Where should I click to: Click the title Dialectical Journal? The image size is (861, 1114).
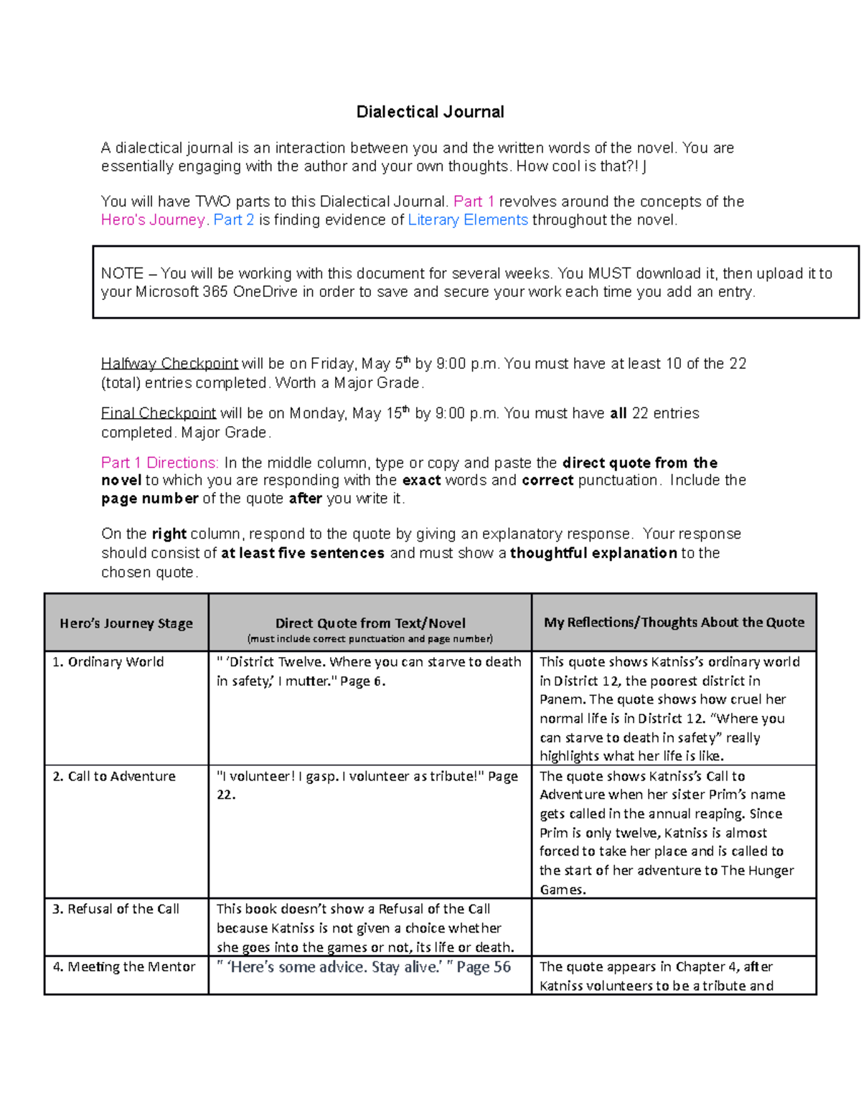[430, 112]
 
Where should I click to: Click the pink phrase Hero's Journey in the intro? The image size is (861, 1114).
[153, 220]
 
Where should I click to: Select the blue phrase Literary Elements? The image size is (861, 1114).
[468, 220]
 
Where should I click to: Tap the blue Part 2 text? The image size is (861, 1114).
[234, 220]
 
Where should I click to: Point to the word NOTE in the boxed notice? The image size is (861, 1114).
[122, 273]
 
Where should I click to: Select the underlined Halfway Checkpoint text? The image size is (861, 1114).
[170, 364]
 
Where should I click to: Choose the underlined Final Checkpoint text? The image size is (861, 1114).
[159, 413]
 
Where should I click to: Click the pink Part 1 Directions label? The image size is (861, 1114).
[159, 463]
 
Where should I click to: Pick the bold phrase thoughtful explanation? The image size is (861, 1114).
[593, 553]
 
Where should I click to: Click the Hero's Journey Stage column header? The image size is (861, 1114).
[126, 623]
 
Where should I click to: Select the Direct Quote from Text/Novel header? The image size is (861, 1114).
[370, 623]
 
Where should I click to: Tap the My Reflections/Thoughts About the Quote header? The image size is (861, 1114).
[674, 623]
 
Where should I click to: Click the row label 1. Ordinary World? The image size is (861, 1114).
[108, 662]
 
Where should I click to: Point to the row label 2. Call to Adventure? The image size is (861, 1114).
[114, 776]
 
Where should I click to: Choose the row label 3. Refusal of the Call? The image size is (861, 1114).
[116, 909]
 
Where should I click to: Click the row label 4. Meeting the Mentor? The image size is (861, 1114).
[124, 967]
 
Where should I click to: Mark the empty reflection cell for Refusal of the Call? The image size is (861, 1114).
[674, 927]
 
